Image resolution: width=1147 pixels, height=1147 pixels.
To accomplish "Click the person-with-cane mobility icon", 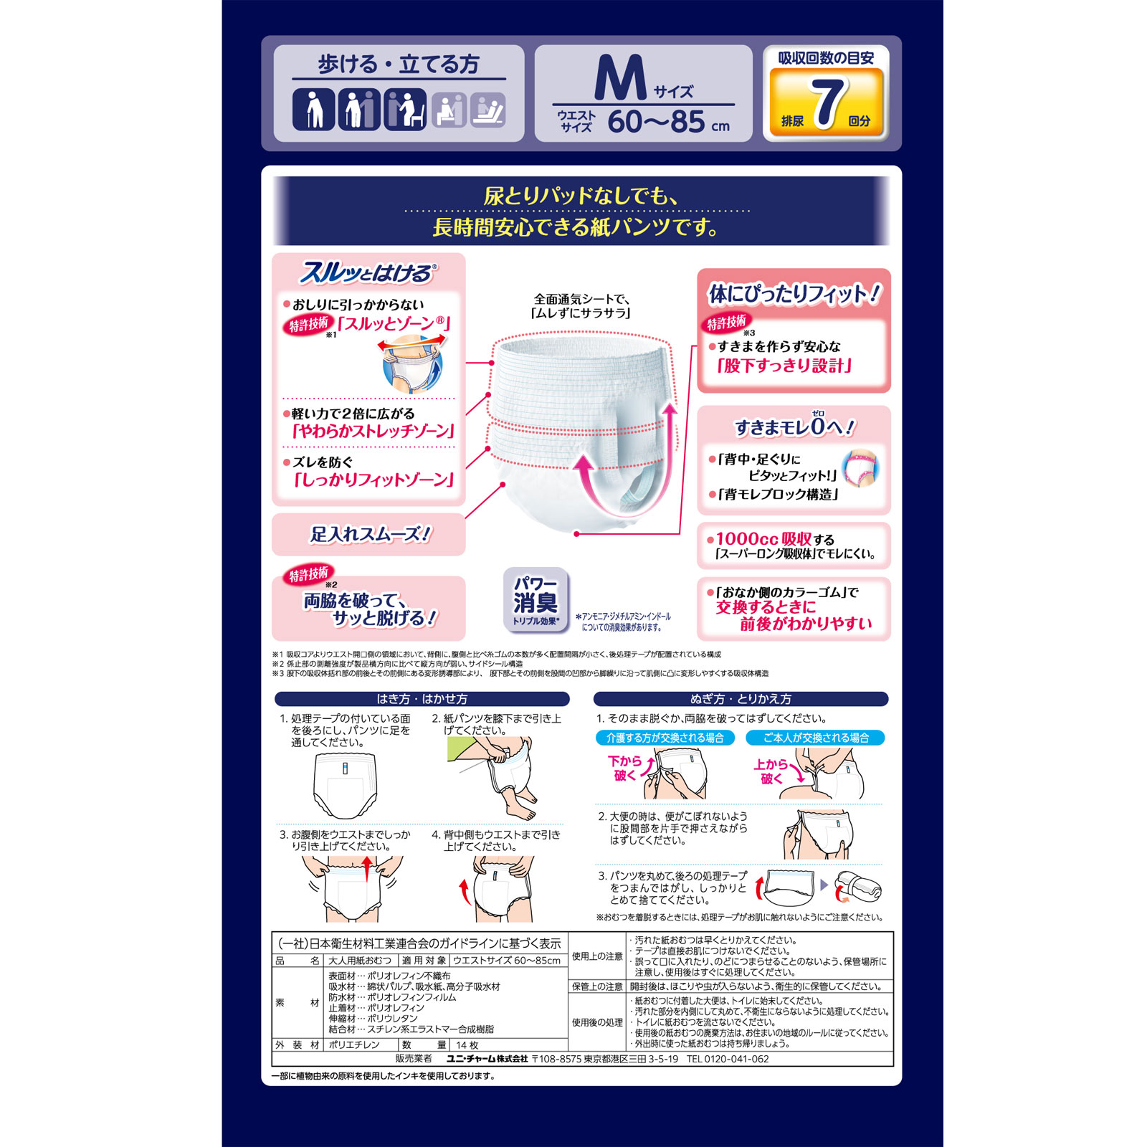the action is pos(313,110).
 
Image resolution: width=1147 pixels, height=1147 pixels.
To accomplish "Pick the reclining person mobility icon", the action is pos(488,110).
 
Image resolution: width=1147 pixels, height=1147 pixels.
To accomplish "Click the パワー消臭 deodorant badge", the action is pos(536,601).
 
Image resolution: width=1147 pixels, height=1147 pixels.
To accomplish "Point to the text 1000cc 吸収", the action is pos(763,538).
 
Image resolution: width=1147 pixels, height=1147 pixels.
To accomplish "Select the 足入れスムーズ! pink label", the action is pos(369,534).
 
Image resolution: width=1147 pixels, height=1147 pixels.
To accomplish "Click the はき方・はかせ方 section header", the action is pos(422,699).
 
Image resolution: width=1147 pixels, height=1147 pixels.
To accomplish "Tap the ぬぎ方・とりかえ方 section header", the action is pos(741,699).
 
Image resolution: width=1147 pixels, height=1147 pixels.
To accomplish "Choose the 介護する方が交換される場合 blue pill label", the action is pos(665,738).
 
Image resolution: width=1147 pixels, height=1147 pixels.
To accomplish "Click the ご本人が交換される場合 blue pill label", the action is pos(815,738).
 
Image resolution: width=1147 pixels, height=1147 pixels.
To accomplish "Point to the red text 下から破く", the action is pos(624,768).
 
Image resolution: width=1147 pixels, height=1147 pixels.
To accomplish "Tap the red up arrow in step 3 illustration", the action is pos(368,869).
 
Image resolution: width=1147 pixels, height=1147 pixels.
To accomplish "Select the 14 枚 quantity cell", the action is pos(467,1045).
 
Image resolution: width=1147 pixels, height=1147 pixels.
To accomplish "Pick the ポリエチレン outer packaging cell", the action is pos(354,1045).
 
